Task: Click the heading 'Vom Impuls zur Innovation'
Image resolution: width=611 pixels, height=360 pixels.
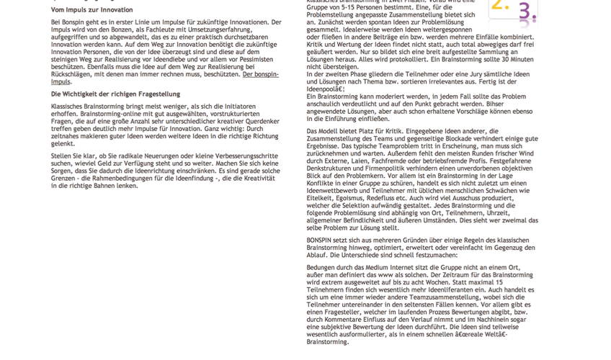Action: click(x=92, y=9)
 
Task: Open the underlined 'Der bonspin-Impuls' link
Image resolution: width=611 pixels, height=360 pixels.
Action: click(x=259, y=74)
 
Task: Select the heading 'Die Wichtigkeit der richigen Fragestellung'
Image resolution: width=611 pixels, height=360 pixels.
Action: click(x=115, y=94)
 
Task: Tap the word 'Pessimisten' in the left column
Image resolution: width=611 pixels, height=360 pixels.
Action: click(x=258, y=58)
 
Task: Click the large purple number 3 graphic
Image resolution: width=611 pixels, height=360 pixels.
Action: click(x=527, y=12)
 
